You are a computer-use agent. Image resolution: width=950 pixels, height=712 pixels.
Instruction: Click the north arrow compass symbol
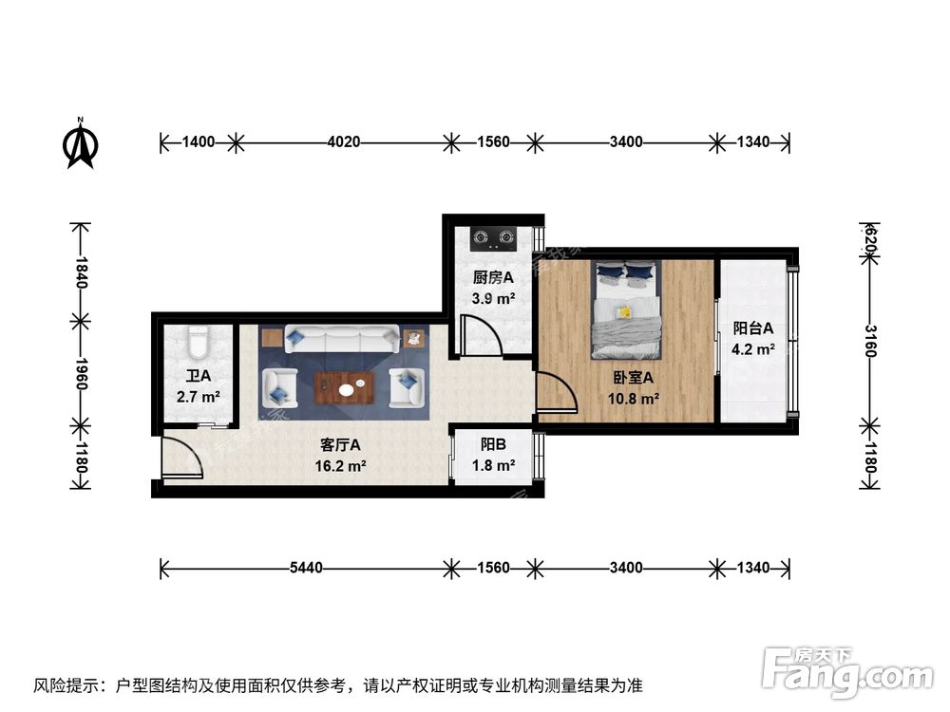(x=81, y=144)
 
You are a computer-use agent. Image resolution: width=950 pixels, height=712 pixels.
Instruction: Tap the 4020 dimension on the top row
(x=343, y=142)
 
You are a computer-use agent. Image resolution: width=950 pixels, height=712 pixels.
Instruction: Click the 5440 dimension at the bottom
(x=306, y=568)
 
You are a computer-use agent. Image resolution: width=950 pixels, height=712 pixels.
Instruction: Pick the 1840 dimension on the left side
(x=81, y=272)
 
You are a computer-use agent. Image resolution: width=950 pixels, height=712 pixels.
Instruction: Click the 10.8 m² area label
(x=634, y=399)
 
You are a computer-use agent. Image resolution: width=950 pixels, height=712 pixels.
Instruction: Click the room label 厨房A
(x=493, y=278)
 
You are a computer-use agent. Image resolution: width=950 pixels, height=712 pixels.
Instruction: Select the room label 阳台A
(x=752, y=328)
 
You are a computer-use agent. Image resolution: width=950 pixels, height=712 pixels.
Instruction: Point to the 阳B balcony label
(x=493, y=443)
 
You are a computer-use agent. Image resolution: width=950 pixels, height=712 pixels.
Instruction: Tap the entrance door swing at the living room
(x=181, y=459)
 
